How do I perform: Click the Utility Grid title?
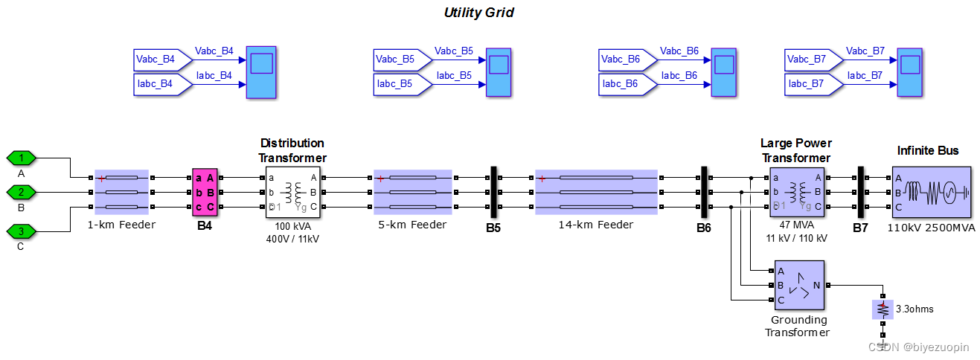point(478,13)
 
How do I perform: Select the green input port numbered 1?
point(22,158)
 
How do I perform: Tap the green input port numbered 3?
point(22,231)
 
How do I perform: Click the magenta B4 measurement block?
point(205,192)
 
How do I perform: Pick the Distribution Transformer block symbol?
point(292,192)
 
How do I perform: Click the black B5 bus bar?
point(493,192)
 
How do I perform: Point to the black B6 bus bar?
point(703,192)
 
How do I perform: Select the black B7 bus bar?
point(860,192)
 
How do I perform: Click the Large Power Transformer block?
point(795,192)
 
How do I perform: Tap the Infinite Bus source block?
point(931,192)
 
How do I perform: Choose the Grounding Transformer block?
point(798,285)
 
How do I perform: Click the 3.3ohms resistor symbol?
point(883,309)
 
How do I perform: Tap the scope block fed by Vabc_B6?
point(725,72)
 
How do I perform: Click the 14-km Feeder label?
point(596,225)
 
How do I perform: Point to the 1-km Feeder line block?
point(122,192)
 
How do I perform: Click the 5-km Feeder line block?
point(412,192)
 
